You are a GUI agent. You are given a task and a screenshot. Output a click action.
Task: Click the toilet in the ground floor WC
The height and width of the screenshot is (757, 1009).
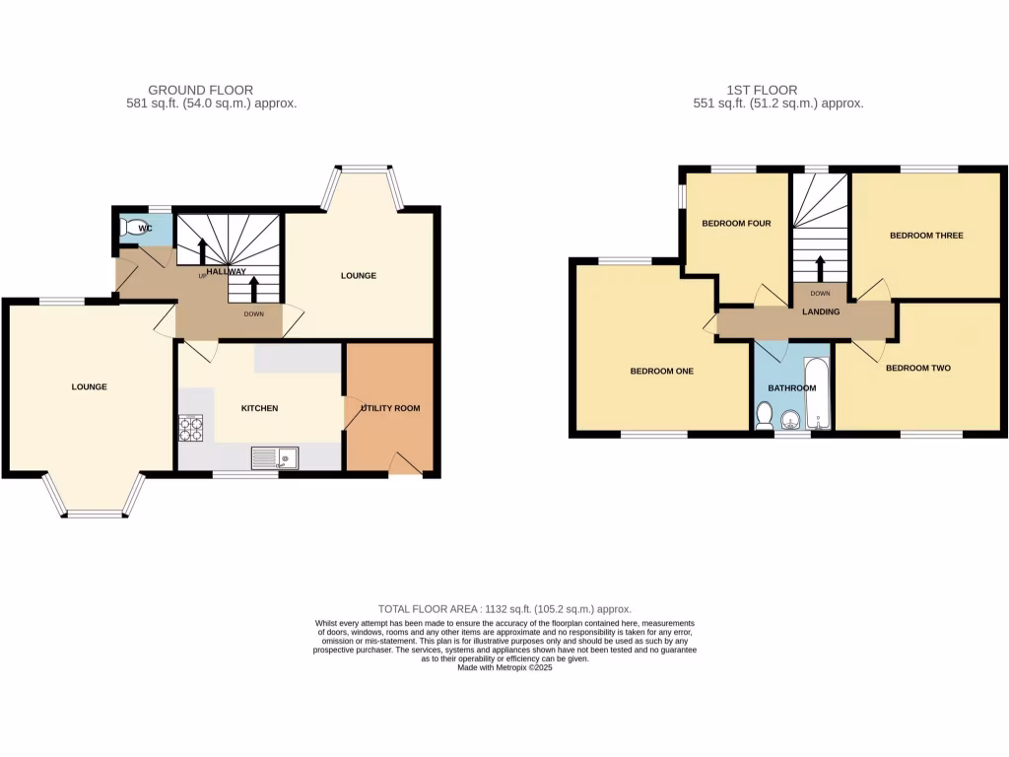click(129, 227)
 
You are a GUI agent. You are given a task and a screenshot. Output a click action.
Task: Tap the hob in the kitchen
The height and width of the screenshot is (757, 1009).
click(189, 429)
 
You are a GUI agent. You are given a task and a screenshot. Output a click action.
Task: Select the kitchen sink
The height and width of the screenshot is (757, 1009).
click(274, 457)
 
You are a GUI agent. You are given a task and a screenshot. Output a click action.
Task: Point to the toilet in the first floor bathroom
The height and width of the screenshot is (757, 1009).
click(765, 417)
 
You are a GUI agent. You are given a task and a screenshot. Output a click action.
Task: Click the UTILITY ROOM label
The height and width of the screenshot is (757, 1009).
click(389, 408)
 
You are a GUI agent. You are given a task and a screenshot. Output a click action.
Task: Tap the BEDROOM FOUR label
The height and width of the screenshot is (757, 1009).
click(736, 224)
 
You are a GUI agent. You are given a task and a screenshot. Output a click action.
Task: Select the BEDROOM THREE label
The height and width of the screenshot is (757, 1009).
click(926, 236)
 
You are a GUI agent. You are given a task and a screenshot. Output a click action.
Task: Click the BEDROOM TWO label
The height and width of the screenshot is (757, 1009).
click(917, 369)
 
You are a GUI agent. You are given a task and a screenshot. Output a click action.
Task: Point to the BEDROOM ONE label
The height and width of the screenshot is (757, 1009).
click(662, 372)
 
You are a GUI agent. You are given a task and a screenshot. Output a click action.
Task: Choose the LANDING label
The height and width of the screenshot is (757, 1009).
click(821, 312)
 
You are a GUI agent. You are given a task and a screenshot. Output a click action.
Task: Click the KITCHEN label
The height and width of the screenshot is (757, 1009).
click(260, 408)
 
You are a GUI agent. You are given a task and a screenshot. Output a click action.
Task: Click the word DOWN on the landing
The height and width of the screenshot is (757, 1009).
click(820, 293)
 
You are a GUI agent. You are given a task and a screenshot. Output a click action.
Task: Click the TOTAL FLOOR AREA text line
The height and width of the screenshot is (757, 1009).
click(504, 609)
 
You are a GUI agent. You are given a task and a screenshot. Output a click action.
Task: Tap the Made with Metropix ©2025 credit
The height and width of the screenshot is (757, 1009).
click(504, 667)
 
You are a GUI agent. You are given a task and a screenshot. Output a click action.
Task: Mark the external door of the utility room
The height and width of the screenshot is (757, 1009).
click(406, 463)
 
